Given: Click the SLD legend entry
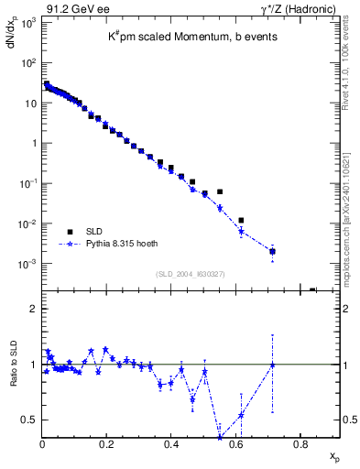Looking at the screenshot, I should click(93, 231).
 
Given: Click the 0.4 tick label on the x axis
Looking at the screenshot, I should click(171, 445).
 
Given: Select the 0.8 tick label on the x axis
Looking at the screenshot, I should click(300, 445).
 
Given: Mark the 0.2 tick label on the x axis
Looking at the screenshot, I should click(106, 445).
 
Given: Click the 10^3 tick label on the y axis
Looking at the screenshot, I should click(27, 22).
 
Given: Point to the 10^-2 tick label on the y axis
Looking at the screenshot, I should click(27, 224).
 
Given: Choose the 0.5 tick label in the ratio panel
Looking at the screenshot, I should click(29, 420).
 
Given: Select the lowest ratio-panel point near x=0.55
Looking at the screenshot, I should click(220, 436).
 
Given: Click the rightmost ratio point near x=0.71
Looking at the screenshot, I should click(272, 365).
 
